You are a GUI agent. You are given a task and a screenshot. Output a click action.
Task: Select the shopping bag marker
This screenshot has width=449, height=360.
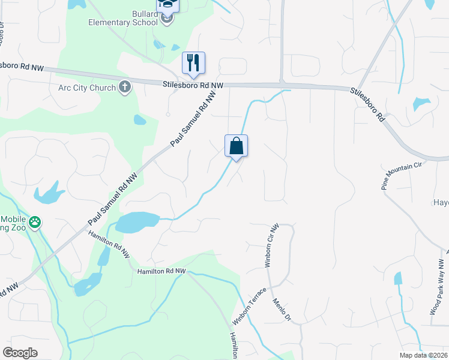tap(236, 145)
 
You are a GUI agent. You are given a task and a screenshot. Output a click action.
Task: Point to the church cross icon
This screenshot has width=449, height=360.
tap(125, 88)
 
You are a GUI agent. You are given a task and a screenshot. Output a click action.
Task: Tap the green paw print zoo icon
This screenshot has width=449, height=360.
tap(35, 223)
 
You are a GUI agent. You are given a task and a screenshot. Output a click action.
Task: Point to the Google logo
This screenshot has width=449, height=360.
tap(20, 353)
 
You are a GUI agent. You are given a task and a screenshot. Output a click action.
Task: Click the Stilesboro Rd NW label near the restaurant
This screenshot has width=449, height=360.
tap(193, 86)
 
